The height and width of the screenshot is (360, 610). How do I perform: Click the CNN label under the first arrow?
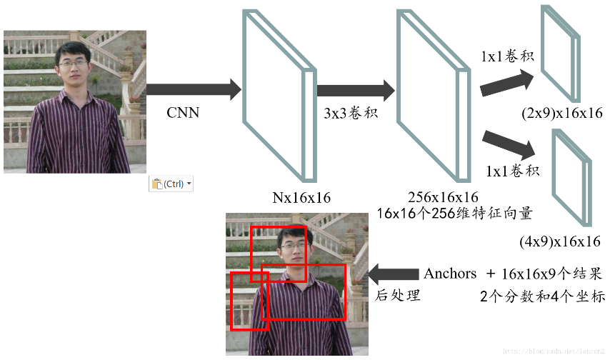(183, 112)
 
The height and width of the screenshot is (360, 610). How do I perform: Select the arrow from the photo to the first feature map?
(193, 90)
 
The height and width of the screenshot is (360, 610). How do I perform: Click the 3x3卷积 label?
(350, 114)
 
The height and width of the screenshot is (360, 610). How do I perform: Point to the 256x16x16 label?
(443, 197)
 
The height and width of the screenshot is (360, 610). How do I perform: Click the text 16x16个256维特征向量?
(454, 213)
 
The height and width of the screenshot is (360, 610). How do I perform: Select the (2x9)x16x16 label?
(561, 113)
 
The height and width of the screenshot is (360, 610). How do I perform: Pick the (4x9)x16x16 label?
(559, 241)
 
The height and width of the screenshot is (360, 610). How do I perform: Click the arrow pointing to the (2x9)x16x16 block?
(506, 84)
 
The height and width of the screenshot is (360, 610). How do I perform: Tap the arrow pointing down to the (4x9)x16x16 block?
(509, 144)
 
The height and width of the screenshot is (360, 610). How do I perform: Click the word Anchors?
(450, 274)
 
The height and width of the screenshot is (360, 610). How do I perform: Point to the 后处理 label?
(398, 294)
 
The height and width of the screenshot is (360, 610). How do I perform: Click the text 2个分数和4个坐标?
(542, 295)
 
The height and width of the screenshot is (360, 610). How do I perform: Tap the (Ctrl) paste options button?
(171, 184)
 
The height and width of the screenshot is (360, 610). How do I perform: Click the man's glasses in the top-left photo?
(74, 64)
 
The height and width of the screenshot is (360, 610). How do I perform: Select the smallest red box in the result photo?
(249, 301)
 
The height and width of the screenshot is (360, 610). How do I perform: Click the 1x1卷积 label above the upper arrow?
(507, 56)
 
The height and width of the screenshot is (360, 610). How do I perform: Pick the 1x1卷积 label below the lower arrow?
(512, 171)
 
